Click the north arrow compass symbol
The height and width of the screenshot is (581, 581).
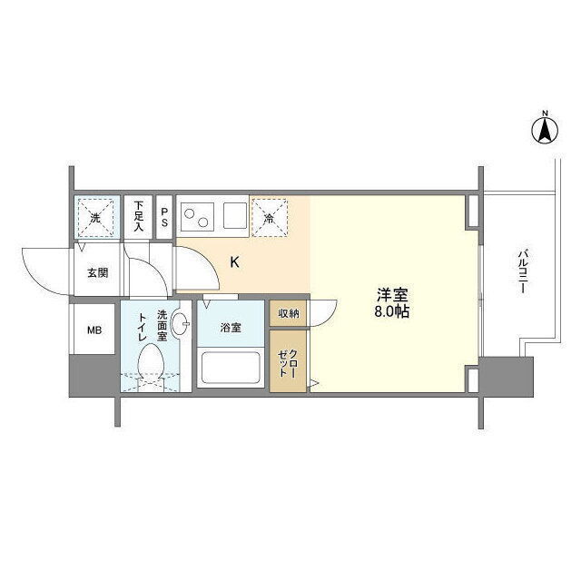coord(545,130)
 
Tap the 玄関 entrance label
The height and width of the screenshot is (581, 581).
coord(98,273)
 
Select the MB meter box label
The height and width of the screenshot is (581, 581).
coord(94,330)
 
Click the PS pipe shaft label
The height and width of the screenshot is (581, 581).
coord(164,217)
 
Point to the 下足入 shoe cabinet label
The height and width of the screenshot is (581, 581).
coord(138,216)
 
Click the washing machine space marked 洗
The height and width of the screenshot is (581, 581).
coord(95,218)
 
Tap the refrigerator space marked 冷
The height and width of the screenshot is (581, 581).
coord(270,218)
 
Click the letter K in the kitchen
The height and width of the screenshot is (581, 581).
coord(234,262)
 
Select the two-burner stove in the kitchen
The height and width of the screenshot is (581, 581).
coord(197,216)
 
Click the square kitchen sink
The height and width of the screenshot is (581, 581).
coord(235,216)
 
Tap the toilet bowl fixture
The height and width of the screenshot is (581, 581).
coord(151,364)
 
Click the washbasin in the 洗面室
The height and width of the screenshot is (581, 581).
coord(180,324)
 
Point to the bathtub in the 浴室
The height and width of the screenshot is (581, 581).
coord(231,368)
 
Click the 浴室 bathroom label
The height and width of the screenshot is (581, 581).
coord(231,328)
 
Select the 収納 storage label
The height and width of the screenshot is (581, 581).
coord(289,313)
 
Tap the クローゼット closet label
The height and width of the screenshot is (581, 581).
coord(288,362)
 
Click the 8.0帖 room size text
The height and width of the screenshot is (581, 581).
coord(391,312)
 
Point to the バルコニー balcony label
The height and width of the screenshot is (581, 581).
coord(523,271)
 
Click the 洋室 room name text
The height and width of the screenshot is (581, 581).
coord(392,295)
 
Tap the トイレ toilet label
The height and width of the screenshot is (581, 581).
coord(143,328)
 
